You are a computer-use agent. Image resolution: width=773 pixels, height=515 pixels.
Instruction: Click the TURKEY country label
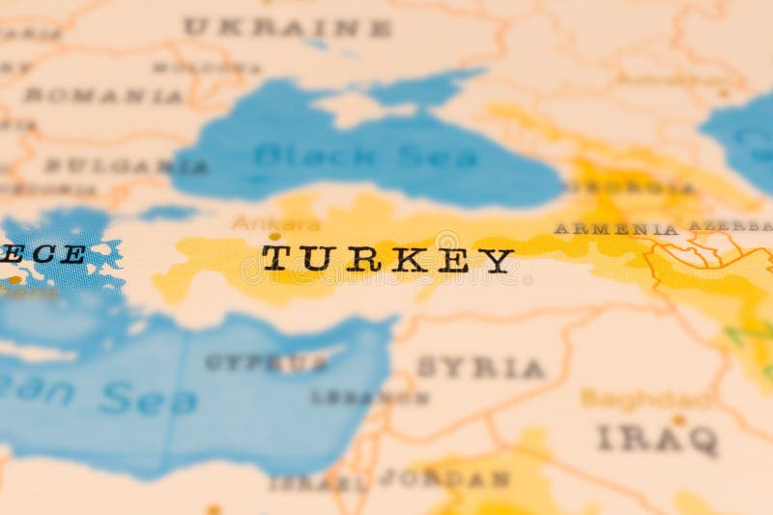click(x=387, y=259)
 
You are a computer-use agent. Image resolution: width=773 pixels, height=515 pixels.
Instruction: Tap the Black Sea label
click(x=366, y=155)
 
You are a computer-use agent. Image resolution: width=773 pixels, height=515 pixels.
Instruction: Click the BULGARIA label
click(x=126, y=165)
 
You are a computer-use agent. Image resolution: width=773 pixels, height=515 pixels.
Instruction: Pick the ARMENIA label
click(x=616, y=229)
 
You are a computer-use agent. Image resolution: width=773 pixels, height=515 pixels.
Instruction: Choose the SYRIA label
click(x=480, y=367)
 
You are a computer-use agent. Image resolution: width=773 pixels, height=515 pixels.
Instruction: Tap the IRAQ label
click(x=658, y=439)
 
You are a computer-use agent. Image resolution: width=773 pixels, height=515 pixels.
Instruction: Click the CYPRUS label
click(x=266, y=363)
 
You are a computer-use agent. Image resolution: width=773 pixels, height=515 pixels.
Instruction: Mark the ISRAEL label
click(x=318, y=481)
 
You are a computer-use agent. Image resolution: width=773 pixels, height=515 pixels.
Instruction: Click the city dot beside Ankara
click(x=275, y=236)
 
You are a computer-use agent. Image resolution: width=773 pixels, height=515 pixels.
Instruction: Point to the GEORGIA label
click(x=632, y=187)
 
